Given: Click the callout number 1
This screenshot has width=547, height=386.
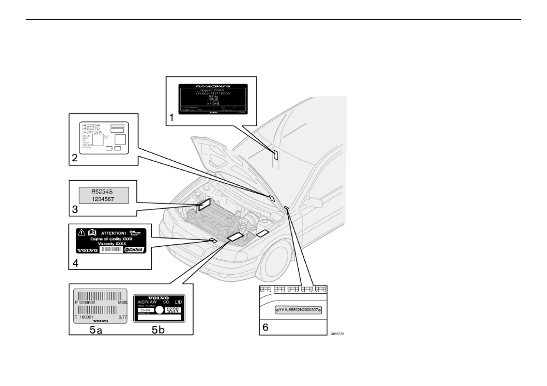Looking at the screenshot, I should coord(172,118).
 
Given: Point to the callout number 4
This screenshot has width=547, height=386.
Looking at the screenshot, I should coord(75,263).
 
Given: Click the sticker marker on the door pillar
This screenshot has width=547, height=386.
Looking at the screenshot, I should coord(275,154).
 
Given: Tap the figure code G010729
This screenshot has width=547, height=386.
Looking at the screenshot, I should coord(337,333).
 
